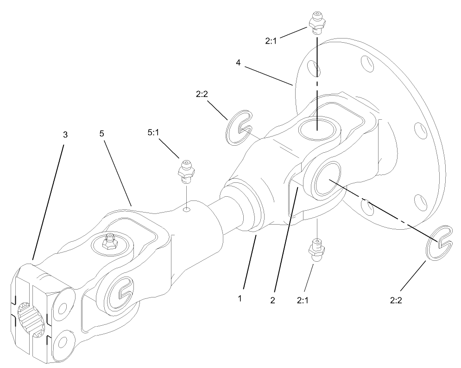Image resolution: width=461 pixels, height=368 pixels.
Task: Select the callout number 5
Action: [x=102, y=133]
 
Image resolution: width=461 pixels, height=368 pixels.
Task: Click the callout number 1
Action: [x=240, y=298]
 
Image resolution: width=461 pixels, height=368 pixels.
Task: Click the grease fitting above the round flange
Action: [x=316, y=21]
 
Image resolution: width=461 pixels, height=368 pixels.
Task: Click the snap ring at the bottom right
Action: [x=442, y=242]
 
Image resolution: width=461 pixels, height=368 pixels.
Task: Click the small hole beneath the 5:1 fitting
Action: [x=186, y=210]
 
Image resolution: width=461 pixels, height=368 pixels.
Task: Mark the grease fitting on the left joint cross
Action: [x=110, y=240]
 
